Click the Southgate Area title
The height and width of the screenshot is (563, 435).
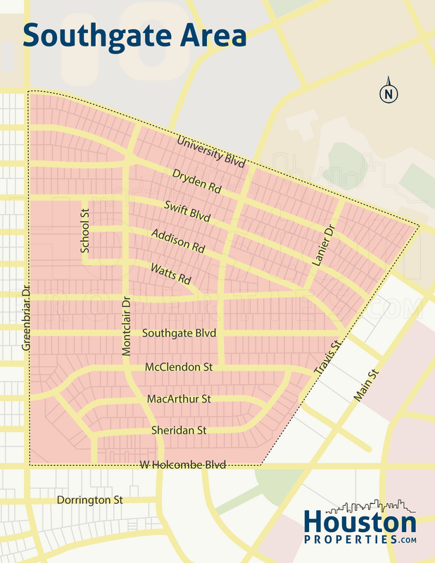click(134, 35)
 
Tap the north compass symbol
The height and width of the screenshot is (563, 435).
click(388, 93)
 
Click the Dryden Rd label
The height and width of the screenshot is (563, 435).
click(196, 182)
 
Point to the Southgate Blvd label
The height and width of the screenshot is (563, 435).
click(179, 333)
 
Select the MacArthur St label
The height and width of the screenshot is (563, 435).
click(179, 399)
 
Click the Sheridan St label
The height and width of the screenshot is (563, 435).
click(179, 430)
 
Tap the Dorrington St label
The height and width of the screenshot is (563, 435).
click(89, 500)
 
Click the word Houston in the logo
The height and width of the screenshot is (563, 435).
click(360, 523)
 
